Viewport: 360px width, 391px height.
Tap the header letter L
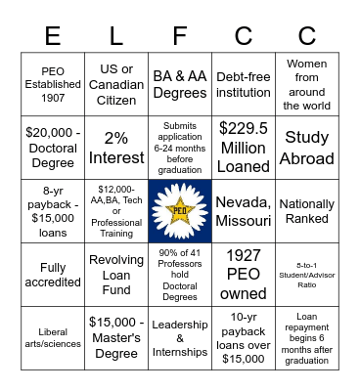[116, 35]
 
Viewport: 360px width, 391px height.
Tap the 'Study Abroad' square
[306, 146]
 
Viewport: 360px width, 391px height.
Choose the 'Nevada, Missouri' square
[244, 209]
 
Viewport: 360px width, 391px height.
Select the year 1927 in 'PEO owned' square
[243, 255]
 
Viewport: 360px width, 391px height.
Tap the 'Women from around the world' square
[306, 85]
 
